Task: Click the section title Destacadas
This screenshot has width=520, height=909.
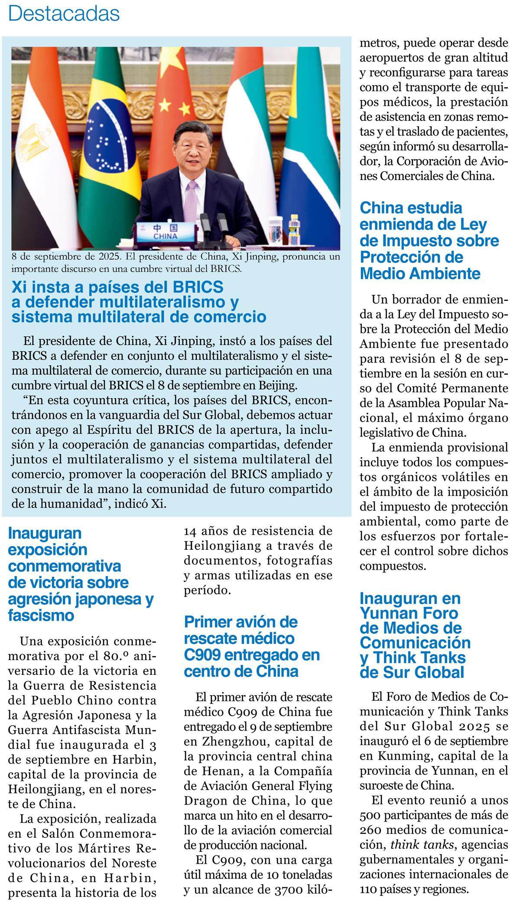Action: pos(64,13)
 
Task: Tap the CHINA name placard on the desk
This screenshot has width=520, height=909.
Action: pos(165,232)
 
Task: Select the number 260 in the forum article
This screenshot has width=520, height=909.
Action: pos(371,830)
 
